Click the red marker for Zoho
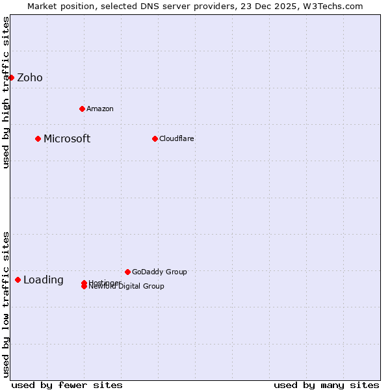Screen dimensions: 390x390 (11, 78)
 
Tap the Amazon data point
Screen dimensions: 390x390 (82, 109)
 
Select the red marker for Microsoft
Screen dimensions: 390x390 (38, 138)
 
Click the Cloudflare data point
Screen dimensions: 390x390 (155, 138)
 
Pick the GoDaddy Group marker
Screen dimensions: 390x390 (127, 272)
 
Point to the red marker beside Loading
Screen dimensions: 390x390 (18, 279)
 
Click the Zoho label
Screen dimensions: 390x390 (30, 78)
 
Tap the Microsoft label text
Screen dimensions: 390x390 (67, 138)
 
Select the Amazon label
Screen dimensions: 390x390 (99, 109)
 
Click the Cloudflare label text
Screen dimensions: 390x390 (176, 138)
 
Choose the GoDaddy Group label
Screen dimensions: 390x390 (159, 272)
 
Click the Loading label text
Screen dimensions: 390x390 (44, 280)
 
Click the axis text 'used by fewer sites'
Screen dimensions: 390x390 (67, 385)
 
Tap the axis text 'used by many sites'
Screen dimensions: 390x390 (326, 385)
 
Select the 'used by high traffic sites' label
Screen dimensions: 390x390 (6, 93)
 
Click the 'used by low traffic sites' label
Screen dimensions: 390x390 (6, 304)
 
